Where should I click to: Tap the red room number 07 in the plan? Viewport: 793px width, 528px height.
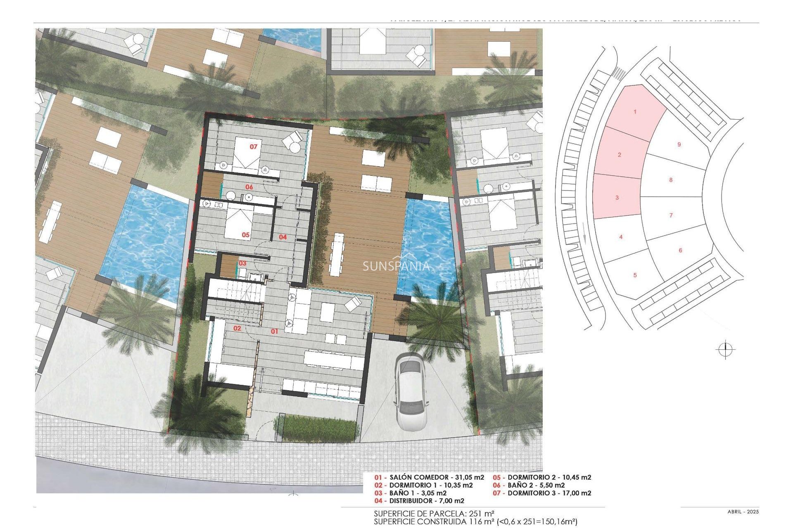(253, 146)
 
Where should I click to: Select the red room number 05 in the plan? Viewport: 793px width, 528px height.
(246, 235)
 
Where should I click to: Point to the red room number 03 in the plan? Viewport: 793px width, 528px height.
(242, 263)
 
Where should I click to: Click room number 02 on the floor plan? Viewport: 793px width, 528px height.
(237, 328)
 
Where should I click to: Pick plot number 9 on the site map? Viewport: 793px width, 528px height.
(679, 144)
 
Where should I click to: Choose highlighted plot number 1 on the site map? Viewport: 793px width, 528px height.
(635, 112)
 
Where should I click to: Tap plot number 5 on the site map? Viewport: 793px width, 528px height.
(635, 275)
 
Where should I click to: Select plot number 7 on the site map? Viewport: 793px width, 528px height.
(671, 215)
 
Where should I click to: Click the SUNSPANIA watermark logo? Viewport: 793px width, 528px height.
(396, 267)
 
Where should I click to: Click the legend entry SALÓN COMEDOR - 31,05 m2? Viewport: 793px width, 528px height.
(430, 477)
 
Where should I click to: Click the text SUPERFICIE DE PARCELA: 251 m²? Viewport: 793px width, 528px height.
(434, 514)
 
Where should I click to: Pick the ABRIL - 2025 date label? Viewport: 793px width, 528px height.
(743, 512)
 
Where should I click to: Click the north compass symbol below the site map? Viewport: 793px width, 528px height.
(725, 350)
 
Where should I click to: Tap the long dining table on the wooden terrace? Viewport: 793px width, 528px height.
(337, 255)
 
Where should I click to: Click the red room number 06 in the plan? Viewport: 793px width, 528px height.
(249, 187)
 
